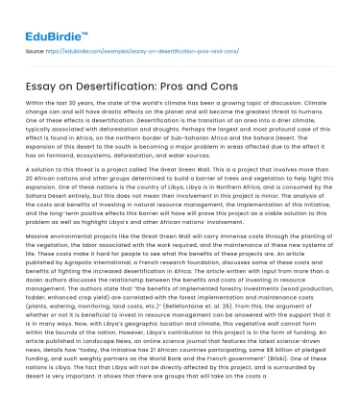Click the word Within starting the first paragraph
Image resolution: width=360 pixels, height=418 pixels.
[x=36, y=102]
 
